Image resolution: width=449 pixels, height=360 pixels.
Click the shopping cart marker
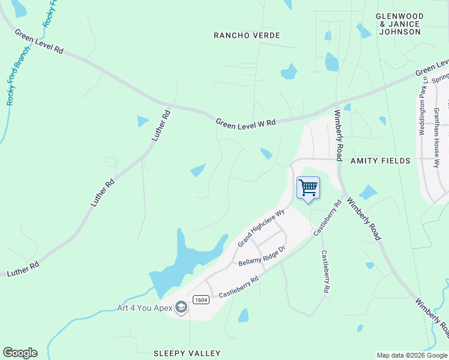click(308, 188)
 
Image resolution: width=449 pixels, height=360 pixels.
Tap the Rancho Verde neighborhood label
click(247, 36)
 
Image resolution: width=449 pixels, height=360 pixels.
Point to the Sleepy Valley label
click(187, 353)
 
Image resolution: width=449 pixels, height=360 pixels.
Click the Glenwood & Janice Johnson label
click(400, 24)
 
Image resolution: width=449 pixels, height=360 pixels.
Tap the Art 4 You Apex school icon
click(181, 308)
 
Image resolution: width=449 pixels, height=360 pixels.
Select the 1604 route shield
click(200, 299)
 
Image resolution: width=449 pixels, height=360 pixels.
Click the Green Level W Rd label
click(246, 122)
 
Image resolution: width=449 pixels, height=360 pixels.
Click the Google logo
click(20, 353)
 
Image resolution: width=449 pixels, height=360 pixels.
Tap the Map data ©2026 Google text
click(412, 355)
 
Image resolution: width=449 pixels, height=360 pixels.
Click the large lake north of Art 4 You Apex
click(180, 261)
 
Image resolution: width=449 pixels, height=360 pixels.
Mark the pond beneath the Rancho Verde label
click(289, 72)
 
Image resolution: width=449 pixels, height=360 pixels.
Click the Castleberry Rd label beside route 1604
click(238, 287)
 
